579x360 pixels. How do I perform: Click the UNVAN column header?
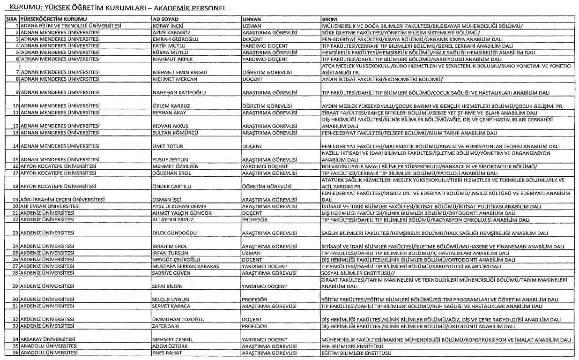[x=252, y=18]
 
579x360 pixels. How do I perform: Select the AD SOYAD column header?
[x=164, y=18]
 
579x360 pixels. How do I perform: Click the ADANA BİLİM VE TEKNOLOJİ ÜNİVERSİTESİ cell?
[x=71, y=25]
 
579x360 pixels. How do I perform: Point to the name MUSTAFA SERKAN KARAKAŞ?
[x=186, y=266]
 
